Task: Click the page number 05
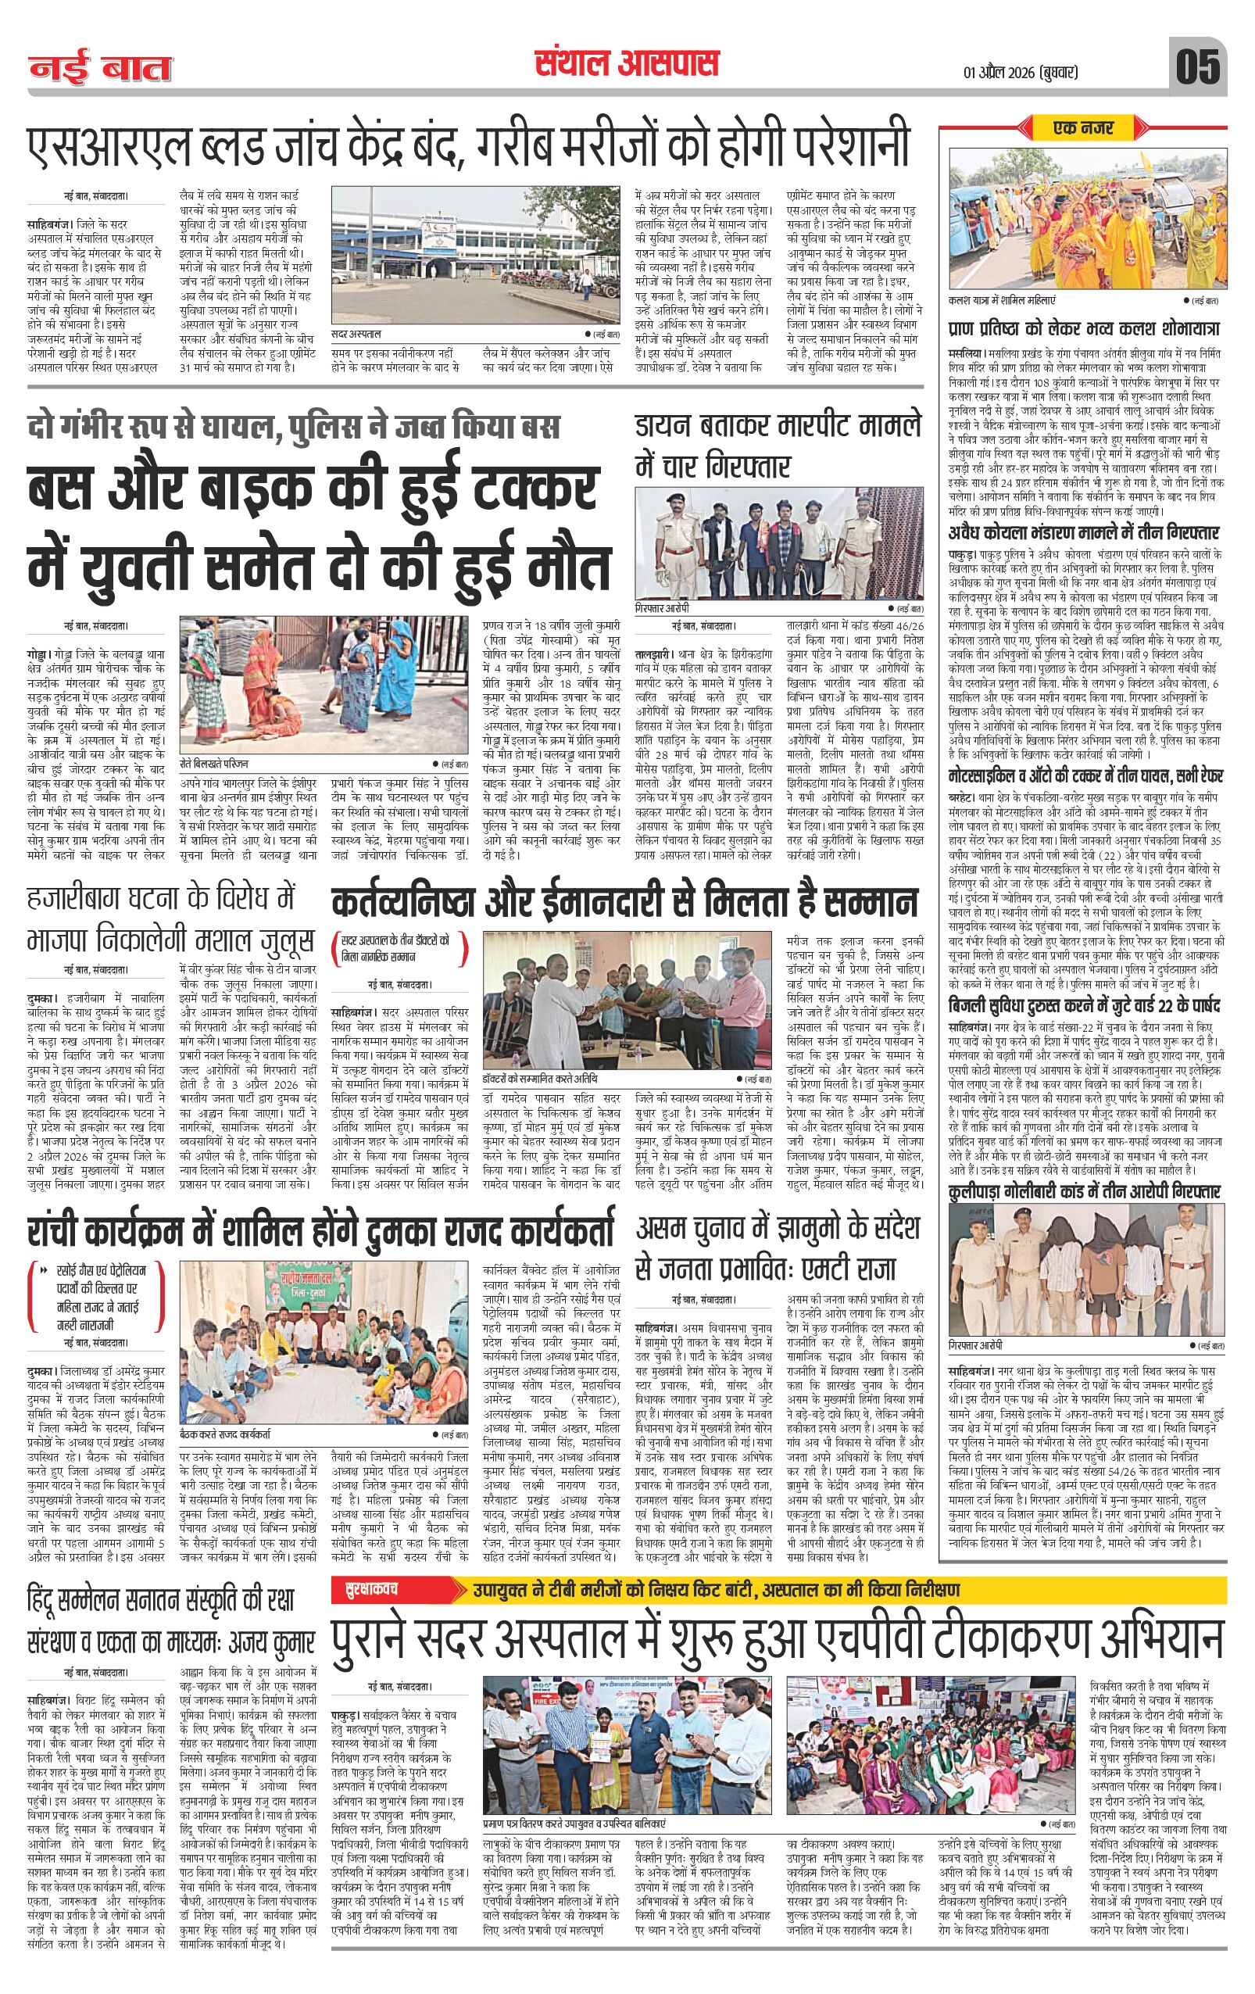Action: pyautogui.click(x=1200, y=66)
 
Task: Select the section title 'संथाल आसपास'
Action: pyautogui.click(x=626, y=63)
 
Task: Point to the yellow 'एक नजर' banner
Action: pyautogui.click(x=1084, y=127)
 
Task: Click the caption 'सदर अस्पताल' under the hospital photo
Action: pyautogui.click(x=357, y=335)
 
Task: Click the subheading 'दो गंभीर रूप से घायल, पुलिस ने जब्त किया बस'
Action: pyautogui.click(x=293, y=427)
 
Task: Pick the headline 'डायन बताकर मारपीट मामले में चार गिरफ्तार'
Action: pyautogui.click(x=777, y=447)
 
